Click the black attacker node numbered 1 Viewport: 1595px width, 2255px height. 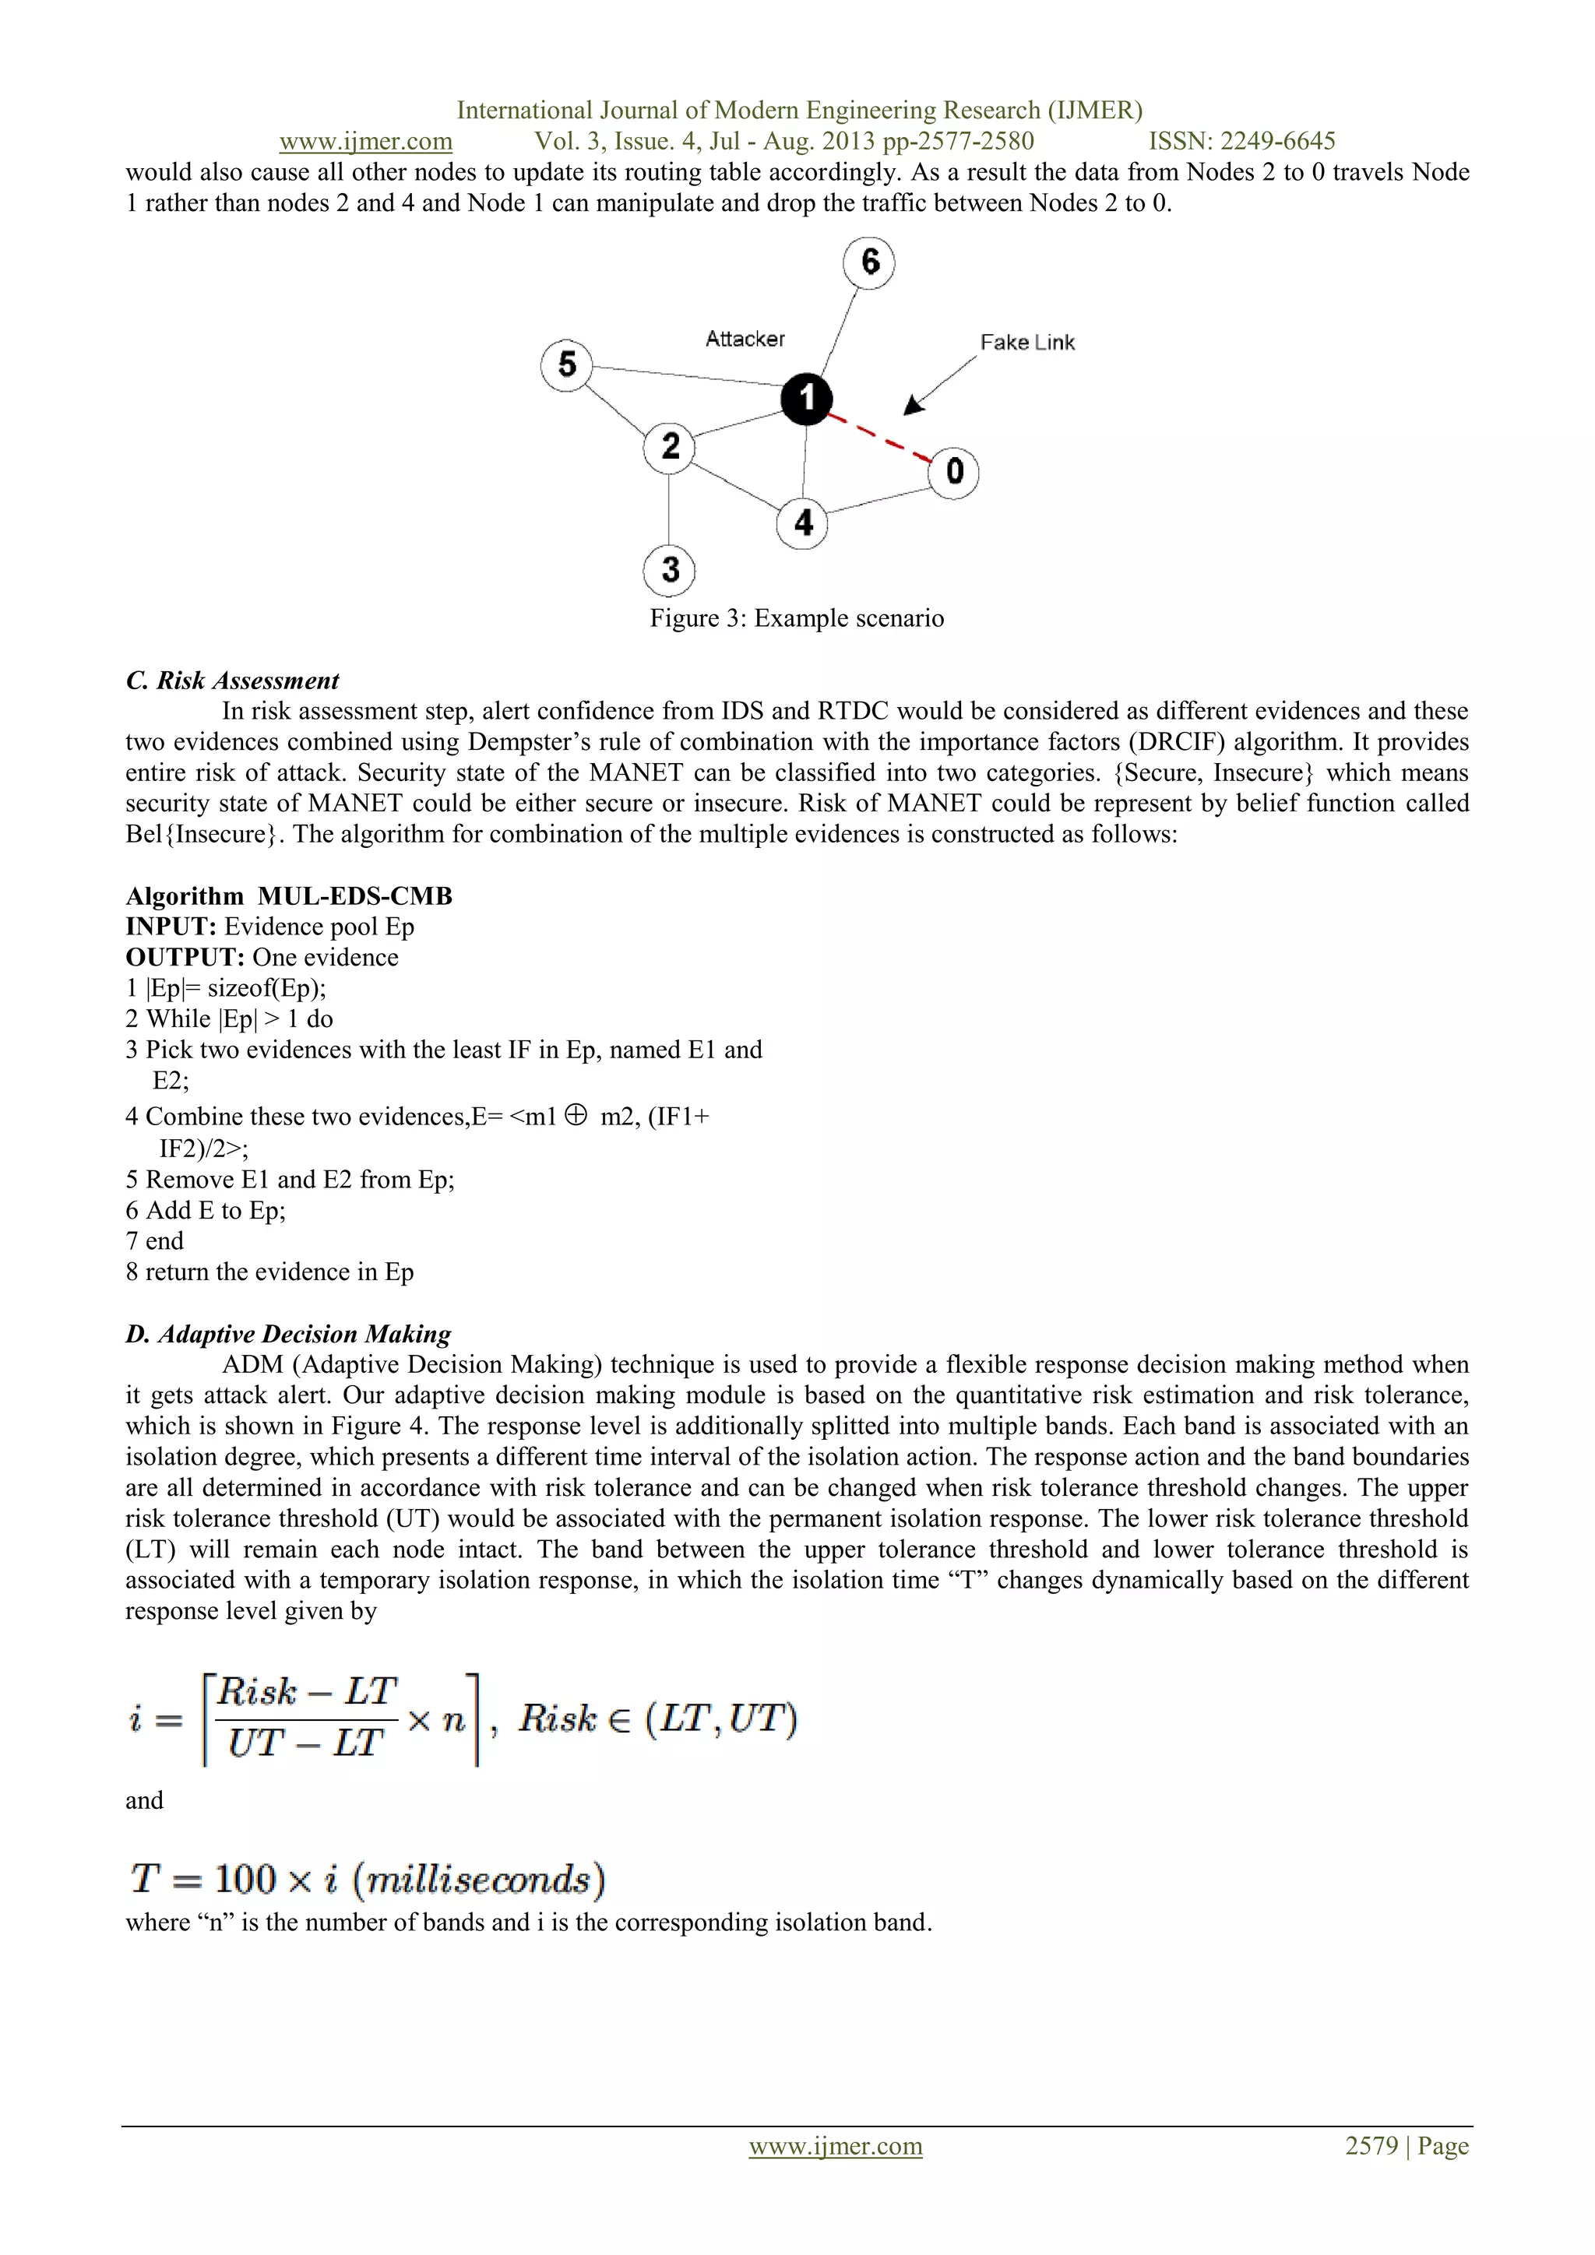pyautogui.click(x=806, y=399)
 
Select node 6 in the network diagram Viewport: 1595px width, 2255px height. pyautogui.click(x=869, y=263)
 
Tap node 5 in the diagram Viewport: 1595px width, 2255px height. pyautogui.click(x=567, y=365)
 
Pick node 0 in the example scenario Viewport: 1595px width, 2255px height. pyautogui.click(x=954, y=473)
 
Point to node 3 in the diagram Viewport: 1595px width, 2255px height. pyautogui.click(x=670, y=570)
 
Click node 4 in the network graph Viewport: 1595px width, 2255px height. pyautogui.click(x=802, y=522)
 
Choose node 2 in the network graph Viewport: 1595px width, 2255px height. pyautogui.click(x=670, y=447)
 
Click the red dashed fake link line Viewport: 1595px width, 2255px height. pyautogui.click(x=880, y=437)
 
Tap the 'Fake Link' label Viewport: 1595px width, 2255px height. pyautogui.click(x=1027, y=343)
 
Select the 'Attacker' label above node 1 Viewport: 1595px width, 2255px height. pyautogui.click(x=745, y=339)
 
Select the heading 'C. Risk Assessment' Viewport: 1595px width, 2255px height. pyautogui.click(x=232, y=681)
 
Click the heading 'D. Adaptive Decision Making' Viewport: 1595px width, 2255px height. pyautogui.click(x=287, y=1334)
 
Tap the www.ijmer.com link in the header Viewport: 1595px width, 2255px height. pyautogui.click(x=365, y=142)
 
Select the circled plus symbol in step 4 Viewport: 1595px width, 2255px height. pyautogui.click(x=576, y=1115)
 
